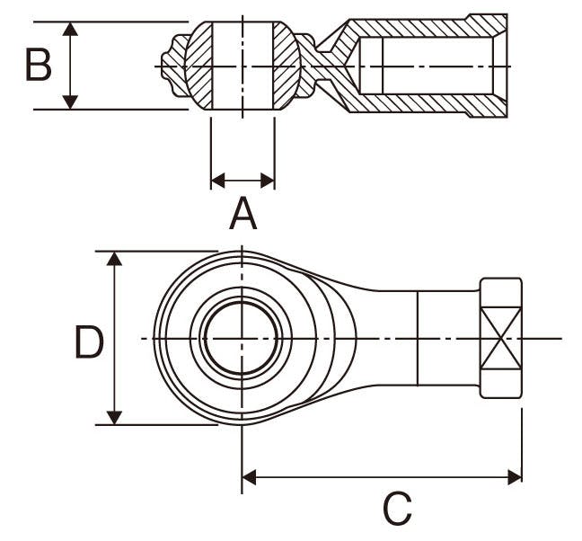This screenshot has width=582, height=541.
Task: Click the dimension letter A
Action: point(242,215)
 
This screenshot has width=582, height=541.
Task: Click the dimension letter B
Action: point(38,66)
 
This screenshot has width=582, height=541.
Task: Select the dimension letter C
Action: point(396,509)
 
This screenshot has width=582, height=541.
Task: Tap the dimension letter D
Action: point(88,342)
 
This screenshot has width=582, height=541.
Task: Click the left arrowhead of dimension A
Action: point(216,181)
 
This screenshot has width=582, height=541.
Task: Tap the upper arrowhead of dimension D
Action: point(114,259)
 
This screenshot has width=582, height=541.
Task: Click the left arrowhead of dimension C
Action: point(249,476)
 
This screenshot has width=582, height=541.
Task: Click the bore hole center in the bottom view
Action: point(242,338)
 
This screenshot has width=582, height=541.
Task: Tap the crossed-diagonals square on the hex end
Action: point(500,338)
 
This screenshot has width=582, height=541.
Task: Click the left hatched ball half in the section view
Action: point(199,66)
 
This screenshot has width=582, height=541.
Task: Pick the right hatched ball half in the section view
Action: point(286,66)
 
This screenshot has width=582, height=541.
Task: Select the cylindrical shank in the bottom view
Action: point(448,338)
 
